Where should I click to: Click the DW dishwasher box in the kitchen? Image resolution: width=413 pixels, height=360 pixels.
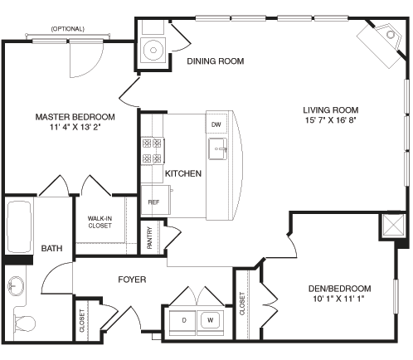[x=216, y=124]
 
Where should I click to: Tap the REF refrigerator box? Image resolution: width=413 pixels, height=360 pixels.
[x=153, y=202]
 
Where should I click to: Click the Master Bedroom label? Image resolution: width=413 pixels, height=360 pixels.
[x=75, y=117]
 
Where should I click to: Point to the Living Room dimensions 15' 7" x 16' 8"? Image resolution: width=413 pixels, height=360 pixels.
[x=331, y=119]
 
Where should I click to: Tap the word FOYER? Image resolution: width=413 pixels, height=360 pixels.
[x=131, y=280]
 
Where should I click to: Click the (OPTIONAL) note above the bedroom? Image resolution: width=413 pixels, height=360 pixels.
[x=68, y=28]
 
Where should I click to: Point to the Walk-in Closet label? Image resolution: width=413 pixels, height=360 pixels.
[x=100, y=221]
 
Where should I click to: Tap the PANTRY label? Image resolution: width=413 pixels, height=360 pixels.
[x=149, y=238]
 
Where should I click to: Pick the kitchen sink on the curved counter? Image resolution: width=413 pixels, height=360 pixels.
[x=219, y=152]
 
